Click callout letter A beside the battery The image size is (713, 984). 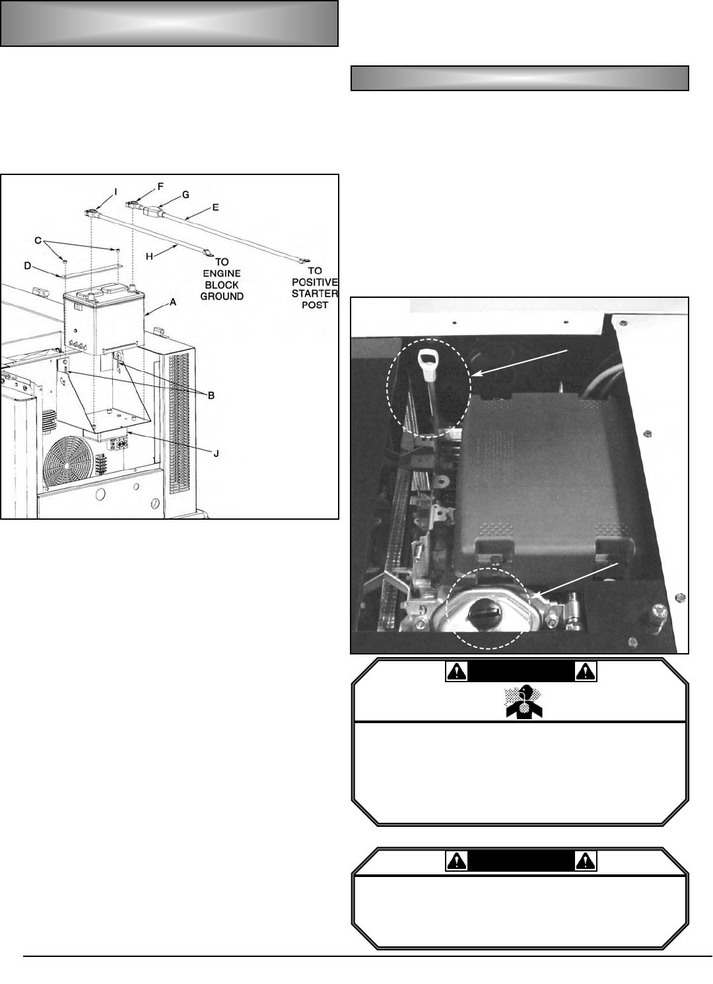coord(173,302)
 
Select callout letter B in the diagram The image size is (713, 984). coord(211,396)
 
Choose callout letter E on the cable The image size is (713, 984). coord(215,207)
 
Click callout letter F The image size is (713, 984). coord(160,187)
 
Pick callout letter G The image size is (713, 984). coord(186,195)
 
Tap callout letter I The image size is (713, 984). coord(116,192)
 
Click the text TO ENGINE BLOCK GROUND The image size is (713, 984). coord(222,279)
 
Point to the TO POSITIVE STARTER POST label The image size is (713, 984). coord(315,288)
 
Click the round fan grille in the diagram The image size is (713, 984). coord(68,462)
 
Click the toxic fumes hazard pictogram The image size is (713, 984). coord(522,701)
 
